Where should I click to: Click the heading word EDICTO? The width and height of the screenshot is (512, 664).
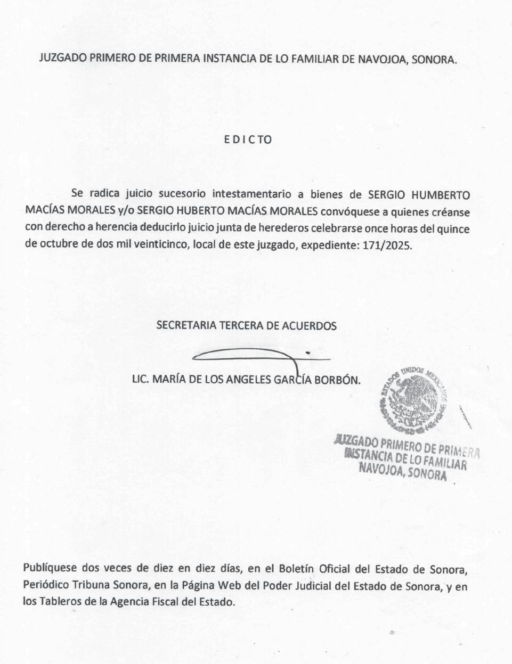pos(248,140)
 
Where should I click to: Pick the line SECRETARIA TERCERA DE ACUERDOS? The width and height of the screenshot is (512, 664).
pos(246,325)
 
